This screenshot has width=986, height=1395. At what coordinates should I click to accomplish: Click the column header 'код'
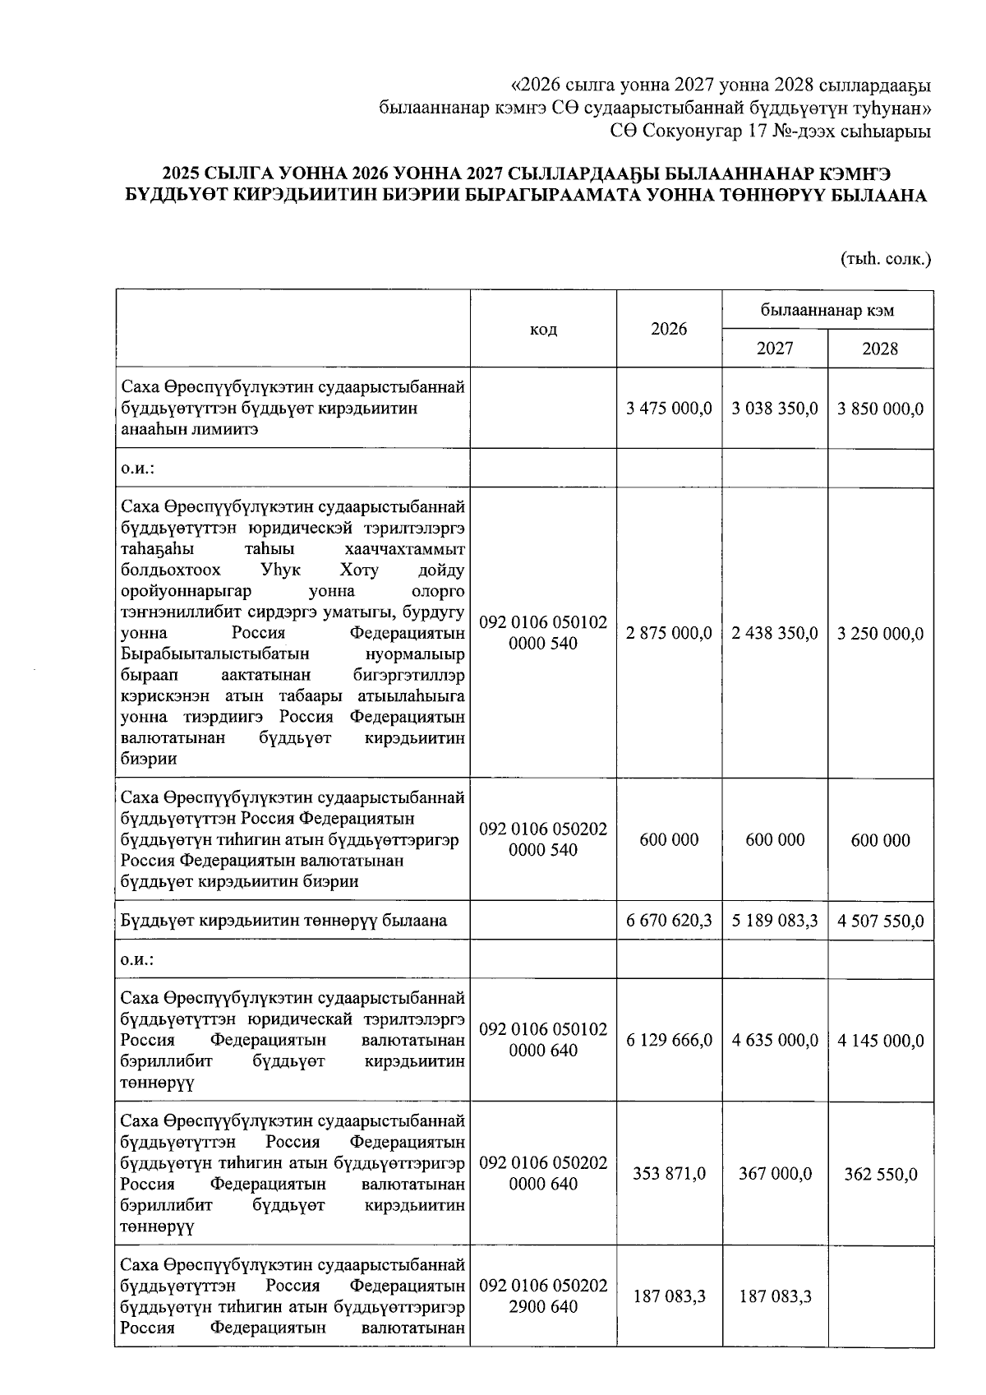[543, 329]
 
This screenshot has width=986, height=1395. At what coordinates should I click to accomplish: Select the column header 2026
[669, 329]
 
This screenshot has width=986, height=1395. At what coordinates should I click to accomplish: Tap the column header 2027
[775, 349]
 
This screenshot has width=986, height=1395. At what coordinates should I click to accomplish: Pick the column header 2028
[880, 349]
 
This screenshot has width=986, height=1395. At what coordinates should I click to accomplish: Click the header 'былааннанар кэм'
[827, 310]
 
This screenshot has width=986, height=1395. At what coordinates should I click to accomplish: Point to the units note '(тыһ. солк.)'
[885, 259]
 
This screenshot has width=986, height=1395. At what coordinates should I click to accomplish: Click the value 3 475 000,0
[669, 409]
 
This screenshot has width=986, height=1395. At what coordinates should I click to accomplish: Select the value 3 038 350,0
[775, 409]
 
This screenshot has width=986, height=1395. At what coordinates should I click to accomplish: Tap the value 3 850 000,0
[880, 409]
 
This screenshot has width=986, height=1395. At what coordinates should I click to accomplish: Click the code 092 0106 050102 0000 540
[543, 633]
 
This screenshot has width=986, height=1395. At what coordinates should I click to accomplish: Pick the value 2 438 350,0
[775, 633]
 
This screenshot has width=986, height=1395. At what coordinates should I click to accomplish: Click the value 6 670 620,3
[669, 921]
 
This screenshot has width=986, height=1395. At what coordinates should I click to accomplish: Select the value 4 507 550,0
[880, 921]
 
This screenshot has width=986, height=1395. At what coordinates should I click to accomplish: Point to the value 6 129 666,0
[669, 1040]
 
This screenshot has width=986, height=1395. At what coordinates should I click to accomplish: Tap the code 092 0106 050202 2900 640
[543, 1296]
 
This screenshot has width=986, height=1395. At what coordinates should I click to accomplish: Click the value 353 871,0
[669, 1174]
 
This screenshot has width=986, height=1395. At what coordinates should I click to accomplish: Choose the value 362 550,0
[880, 1174]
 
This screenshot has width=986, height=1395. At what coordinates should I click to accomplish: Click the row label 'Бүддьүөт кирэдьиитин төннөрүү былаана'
[283, 921]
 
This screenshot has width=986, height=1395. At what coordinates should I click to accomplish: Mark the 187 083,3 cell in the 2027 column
[775, 1296]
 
